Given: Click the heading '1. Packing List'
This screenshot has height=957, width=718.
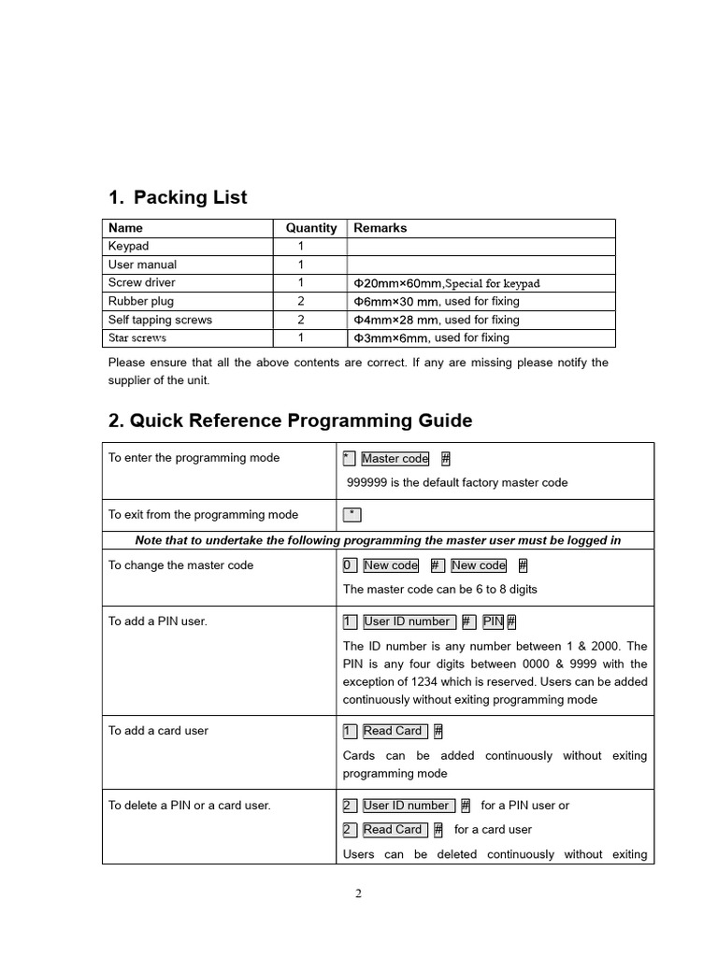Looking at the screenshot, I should pyautogui.click(x=178, y=197).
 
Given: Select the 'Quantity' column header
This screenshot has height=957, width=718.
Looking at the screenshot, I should pyautogui.click(x=310, y=228).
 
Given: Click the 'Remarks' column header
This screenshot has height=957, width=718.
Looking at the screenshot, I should pyautogui.click(x=380, y=228).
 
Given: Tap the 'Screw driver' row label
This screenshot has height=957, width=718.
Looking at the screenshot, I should pyautogui.click(x=141, y=282).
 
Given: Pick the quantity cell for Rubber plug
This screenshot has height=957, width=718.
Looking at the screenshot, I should pyautogui.click(x=301, y=301).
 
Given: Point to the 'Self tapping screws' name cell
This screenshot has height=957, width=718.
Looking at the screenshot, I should pyautogui.click(x=160, y=320).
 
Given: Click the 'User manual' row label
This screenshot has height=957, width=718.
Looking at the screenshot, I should pyautogui.click(x=142, y=264).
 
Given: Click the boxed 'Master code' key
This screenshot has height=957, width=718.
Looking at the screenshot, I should pyautogui.click(x=395, y=458).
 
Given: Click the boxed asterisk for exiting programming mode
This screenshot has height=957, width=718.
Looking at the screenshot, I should pyautogui.click(x=352, y=515).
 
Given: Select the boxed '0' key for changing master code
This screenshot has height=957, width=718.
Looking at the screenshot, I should pyautogui.click(x=349, y=565).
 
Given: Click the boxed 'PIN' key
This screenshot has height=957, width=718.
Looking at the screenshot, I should pyautogui.click(x=493, y=621).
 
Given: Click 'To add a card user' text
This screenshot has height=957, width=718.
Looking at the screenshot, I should pyautogui.click(x=158, y=731).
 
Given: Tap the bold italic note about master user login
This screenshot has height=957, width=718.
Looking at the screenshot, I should pyautogui.click(x=378, y=540).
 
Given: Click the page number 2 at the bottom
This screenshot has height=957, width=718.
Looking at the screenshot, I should pyautogui.click(x=358, y=893).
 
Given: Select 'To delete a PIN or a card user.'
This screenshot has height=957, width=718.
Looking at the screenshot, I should pyautogui.click(x=189, y=806).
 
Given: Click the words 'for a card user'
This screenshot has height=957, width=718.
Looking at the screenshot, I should pyautogui.click(x=493, y=830).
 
